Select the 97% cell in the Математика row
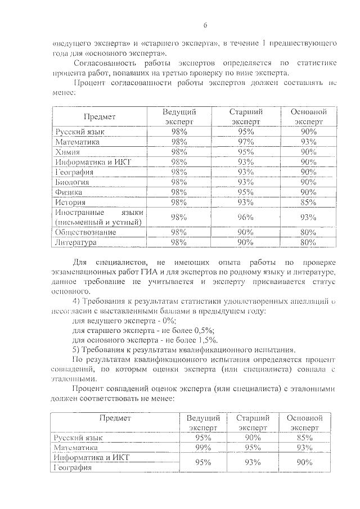[x=245, y=142]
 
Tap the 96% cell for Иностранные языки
[x=245, y=217]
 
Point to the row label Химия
[x=68, y=152]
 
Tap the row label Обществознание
[x=85, y=232]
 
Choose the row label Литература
[x=76, y=242]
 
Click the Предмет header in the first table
[x=100, y=117]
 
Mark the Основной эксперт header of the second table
[x=304, y=423]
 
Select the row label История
[x=70, y=202]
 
